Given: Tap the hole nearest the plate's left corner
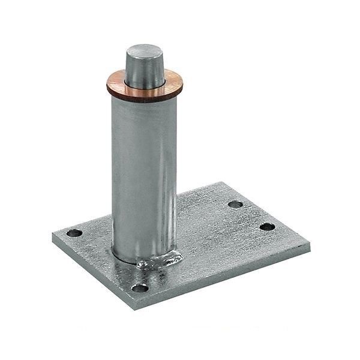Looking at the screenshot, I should [74, 233].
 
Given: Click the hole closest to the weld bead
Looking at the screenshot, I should [140, 288].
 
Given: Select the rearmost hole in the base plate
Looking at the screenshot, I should [235, 205].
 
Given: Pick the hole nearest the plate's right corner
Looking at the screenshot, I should [267, 227].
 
